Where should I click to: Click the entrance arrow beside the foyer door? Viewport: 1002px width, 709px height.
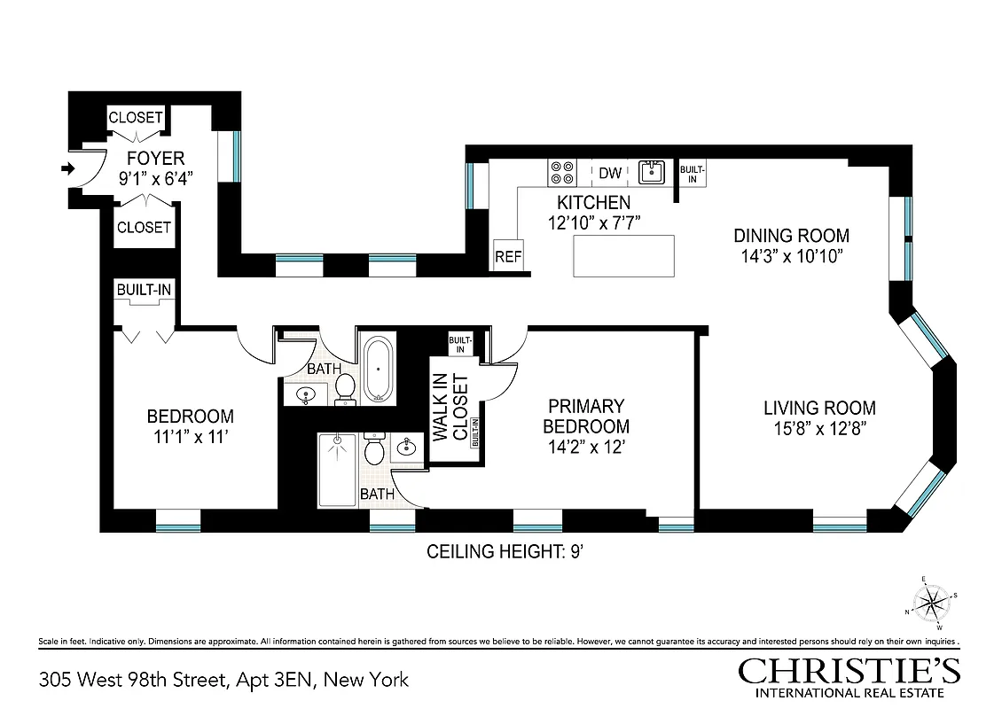(68, 168)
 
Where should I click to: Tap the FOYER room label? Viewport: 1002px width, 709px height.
(155, 159)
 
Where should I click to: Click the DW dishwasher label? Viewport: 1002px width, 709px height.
(610, 173)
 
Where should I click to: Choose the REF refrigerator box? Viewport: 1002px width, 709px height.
(508, 256)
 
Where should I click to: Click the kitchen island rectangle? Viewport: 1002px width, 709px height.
(623, 256)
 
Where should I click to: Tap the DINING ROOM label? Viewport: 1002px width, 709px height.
(791, 236)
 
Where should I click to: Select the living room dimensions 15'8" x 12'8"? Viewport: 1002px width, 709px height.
(819, 428)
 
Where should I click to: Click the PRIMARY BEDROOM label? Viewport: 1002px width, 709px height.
(586, 416)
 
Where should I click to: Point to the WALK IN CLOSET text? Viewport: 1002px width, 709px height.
(450, 407)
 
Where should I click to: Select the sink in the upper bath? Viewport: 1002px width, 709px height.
(306, 393)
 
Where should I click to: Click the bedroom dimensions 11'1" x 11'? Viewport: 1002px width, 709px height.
(190, 436)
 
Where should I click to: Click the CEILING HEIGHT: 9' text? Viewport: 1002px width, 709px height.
(505, 552)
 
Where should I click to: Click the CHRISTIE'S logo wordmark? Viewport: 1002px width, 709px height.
(849, 671)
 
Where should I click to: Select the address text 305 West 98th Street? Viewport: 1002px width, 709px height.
(133, 680)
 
